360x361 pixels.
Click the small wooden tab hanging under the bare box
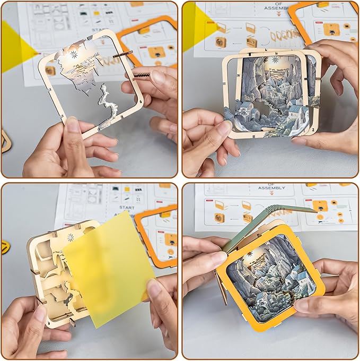tap(72, 322)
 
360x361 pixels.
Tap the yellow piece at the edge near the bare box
tap(5, 247)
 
